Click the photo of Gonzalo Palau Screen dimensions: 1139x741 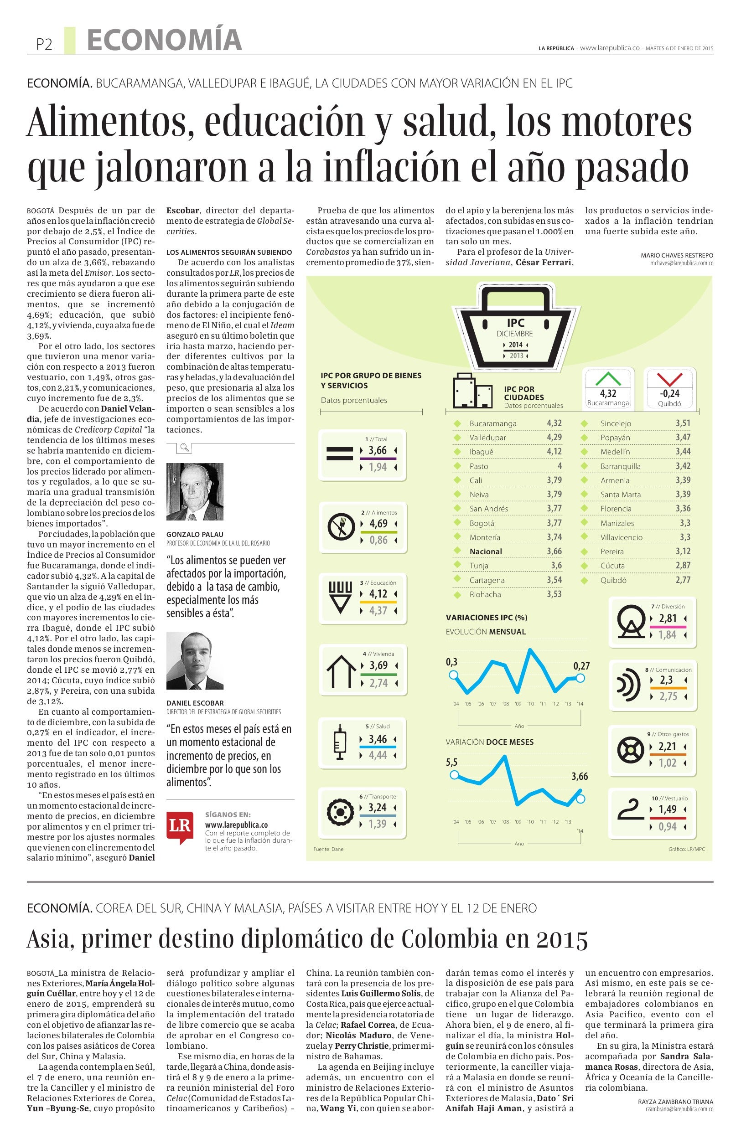pyautogui.click(x=195, y=491)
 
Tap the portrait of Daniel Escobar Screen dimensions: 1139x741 pyautogui.click(x=195, y=660)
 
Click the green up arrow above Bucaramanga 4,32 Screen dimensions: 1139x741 pyautogui.click(x=607, y=379)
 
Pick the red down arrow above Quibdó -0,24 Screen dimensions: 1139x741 pyautogui.click(x=668, y=379)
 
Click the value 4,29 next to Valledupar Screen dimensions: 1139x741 pyautogui.click(x=554, y=437)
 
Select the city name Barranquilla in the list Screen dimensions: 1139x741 pyautogui.click(x=620, y=466)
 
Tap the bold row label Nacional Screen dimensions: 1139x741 pyautogui.click(x=485, y=551)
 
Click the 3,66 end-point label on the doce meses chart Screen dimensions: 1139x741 pyautogui.click(x=580, y=776)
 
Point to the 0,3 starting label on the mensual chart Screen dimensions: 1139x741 pyautogui.click(x=451, y=662)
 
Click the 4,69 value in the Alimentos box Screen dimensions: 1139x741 pyautogui.click(x=378, y=523)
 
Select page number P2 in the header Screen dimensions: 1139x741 pyautogui.click(x=44, y=45)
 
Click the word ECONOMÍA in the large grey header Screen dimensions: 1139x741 pyautogui.click(x=164, y=40)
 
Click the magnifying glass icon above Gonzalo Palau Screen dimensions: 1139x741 pyautogui.click(x=183, y=448)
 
